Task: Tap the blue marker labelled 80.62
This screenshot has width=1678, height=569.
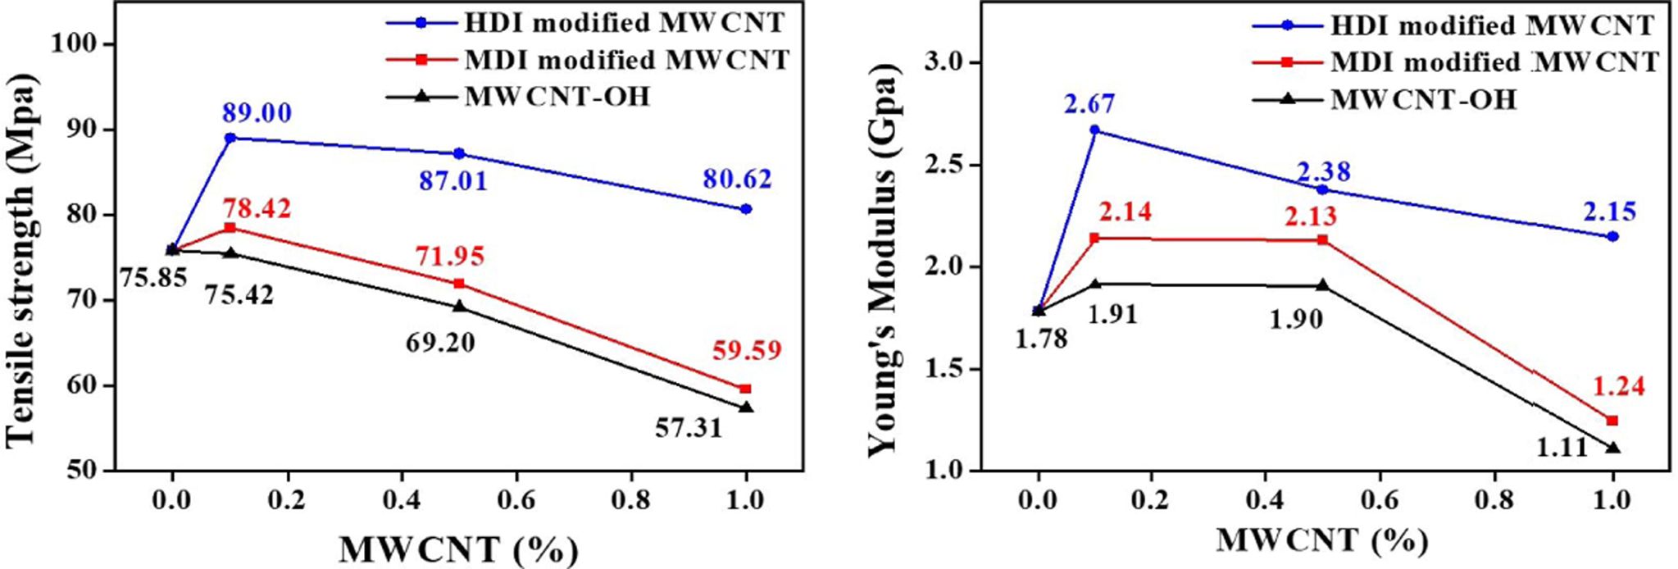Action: coord(746,209)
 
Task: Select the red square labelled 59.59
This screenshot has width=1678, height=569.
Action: coord(745,389)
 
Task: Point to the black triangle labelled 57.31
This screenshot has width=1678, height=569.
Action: coord(746,407)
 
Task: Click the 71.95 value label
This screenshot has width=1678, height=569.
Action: coord(449,256)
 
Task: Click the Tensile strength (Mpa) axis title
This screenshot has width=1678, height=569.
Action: coord(25,257)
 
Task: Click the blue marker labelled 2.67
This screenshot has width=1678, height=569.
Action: coord(1096,130)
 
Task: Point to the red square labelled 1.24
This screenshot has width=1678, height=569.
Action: coord(1612,421)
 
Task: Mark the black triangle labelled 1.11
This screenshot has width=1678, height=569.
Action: coord(1613,447)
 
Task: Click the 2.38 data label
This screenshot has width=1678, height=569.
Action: coord(1323,172)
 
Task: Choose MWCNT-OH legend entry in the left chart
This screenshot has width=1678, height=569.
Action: coord(557,97)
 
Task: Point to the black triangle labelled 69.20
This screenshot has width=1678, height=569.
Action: coord(459,306)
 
